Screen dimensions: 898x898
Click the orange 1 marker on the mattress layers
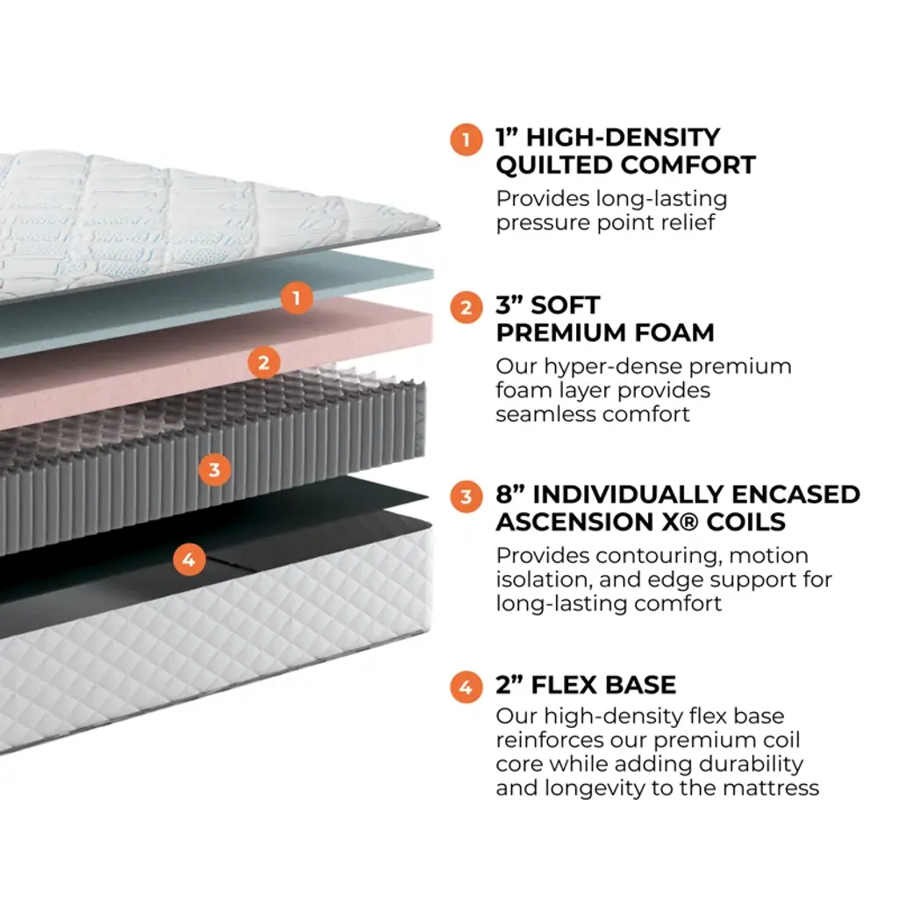[296, 298]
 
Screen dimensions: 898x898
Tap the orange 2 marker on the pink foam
[264, 362]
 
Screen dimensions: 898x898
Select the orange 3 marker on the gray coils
[215, 470]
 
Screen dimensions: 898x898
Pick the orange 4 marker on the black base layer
[189, 559]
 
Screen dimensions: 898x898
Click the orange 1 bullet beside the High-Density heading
[467, 139]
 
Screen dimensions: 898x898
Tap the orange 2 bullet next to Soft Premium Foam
[467, 308]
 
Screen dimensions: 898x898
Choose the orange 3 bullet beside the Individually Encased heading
[467, 496]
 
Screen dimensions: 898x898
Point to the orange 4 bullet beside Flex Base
[467, 687]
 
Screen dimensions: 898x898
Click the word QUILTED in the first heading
[554, 166]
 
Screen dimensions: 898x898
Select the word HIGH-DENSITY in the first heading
[623, 138]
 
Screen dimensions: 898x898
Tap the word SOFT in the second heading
[565, 305]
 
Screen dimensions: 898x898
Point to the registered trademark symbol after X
[690, 522]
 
